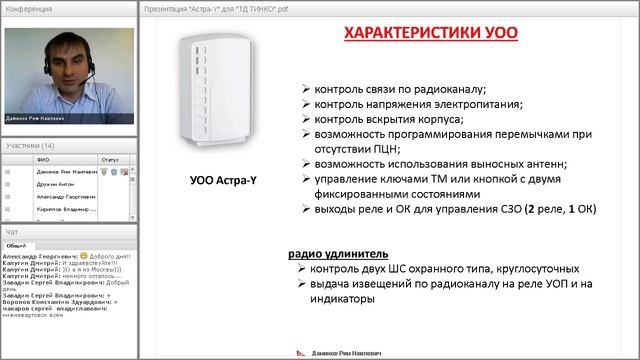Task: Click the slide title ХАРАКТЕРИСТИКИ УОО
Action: coord(432,33)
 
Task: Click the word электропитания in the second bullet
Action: coord(474,104)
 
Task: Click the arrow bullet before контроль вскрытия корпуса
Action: coord(305,119)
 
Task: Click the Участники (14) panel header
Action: coord(30,145)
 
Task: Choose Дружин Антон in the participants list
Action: coord(56,184)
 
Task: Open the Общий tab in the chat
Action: coord(16,244)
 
